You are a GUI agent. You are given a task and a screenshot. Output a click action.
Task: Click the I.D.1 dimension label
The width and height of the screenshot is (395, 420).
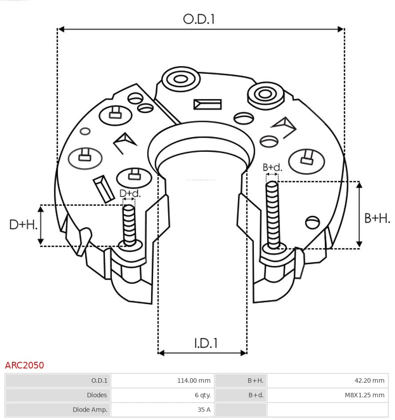205,343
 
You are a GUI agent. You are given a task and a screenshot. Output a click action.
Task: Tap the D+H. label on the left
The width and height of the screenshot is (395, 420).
23,225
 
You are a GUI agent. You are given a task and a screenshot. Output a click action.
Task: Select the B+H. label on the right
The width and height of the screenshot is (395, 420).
377,218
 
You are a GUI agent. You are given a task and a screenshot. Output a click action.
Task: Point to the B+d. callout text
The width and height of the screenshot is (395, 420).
272,167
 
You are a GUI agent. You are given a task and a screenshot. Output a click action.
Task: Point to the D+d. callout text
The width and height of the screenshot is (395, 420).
130,193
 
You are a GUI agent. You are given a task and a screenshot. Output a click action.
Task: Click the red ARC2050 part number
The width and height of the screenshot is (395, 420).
24,365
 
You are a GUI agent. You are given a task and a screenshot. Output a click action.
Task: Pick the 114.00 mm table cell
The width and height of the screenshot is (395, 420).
162,380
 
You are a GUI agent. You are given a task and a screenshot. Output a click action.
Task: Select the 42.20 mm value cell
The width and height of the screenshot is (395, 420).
328,380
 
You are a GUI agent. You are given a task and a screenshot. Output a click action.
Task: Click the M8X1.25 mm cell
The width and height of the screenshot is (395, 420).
328,395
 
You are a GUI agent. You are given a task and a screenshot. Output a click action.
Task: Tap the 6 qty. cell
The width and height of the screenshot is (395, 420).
162,395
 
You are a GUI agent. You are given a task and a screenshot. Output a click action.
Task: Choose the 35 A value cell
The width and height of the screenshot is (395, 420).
162,410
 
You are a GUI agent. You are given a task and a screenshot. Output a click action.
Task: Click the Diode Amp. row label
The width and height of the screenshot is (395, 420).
58,410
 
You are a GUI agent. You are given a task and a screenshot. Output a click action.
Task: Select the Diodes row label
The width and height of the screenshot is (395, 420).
58,395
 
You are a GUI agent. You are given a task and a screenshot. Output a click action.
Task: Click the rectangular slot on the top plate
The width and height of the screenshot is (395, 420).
207,104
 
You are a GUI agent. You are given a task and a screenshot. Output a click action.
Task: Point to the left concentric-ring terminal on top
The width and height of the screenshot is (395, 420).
180,80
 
